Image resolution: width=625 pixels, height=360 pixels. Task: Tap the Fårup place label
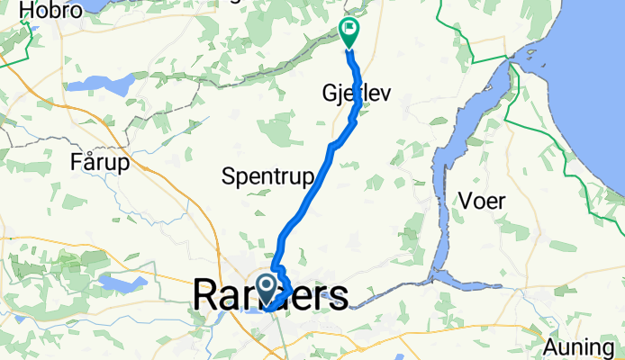[x=99, y=163]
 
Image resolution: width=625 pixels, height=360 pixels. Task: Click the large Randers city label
[x=270, y=295]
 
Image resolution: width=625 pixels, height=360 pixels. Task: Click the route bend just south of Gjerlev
[x=357, y=115]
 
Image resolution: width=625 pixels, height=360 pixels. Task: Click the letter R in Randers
[x=206, y=295]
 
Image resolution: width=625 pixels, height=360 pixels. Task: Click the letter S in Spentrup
[x=228, y=176]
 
